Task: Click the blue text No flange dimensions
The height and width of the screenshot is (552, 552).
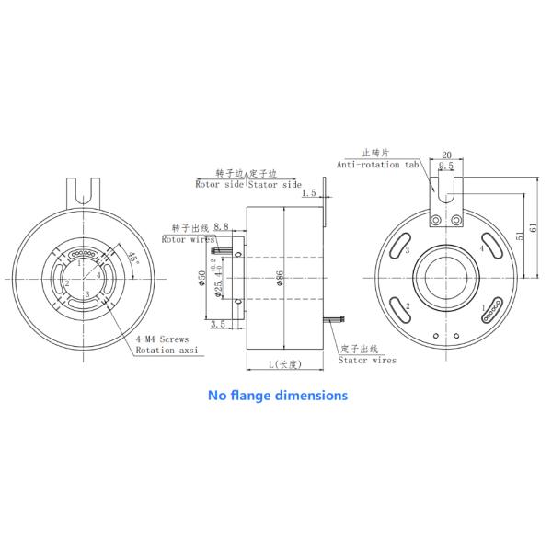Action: pyautogui.click(x=277, y=396)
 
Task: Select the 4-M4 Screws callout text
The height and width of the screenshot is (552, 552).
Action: pyautogui.click(x=162, y=339)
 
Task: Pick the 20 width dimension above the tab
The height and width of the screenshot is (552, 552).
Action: pyautogui.click(x=447, y=155)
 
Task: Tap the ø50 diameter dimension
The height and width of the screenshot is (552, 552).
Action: pyautogui.click(x=202, y=279)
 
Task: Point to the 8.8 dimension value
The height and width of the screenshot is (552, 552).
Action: pyautogui.click(x=221, y=226)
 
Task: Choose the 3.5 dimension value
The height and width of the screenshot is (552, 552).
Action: pyautogui.click(x=218, y=325)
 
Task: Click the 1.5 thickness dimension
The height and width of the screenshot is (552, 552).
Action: pyautogui.click(x=308, y=194)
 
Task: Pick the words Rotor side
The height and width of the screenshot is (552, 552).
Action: pyautogui.click(x=221, y=184)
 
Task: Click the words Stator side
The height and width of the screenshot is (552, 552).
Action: pyautogui.click(x=277, y=184)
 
